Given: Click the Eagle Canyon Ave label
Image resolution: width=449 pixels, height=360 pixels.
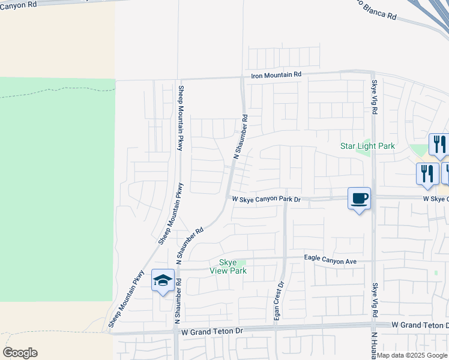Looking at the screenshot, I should [x=330, y=261].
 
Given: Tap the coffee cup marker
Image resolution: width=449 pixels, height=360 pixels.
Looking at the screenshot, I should [x=359, y=199].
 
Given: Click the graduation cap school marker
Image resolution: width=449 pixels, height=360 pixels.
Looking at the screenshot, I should [x=163, y=281].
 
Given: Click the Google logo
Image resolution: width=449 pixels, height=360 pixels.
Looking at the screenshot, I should [x=20, y=353].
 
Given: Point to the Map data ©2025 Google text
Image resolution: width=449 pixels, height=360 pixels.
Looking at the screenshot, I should [x=412, y=355].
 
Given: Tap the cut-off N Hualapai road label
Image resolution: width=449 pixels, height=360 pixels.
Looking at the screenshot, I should [x=373, y=345].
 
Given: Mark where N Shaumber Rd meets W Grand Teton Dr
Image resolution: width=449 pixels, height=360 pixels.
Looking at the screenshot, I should [x=176, y=332].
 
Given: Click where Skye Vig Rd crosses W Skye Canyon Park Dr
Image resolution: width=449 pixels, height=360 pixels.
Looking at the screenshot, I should [x=373, y=197].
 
